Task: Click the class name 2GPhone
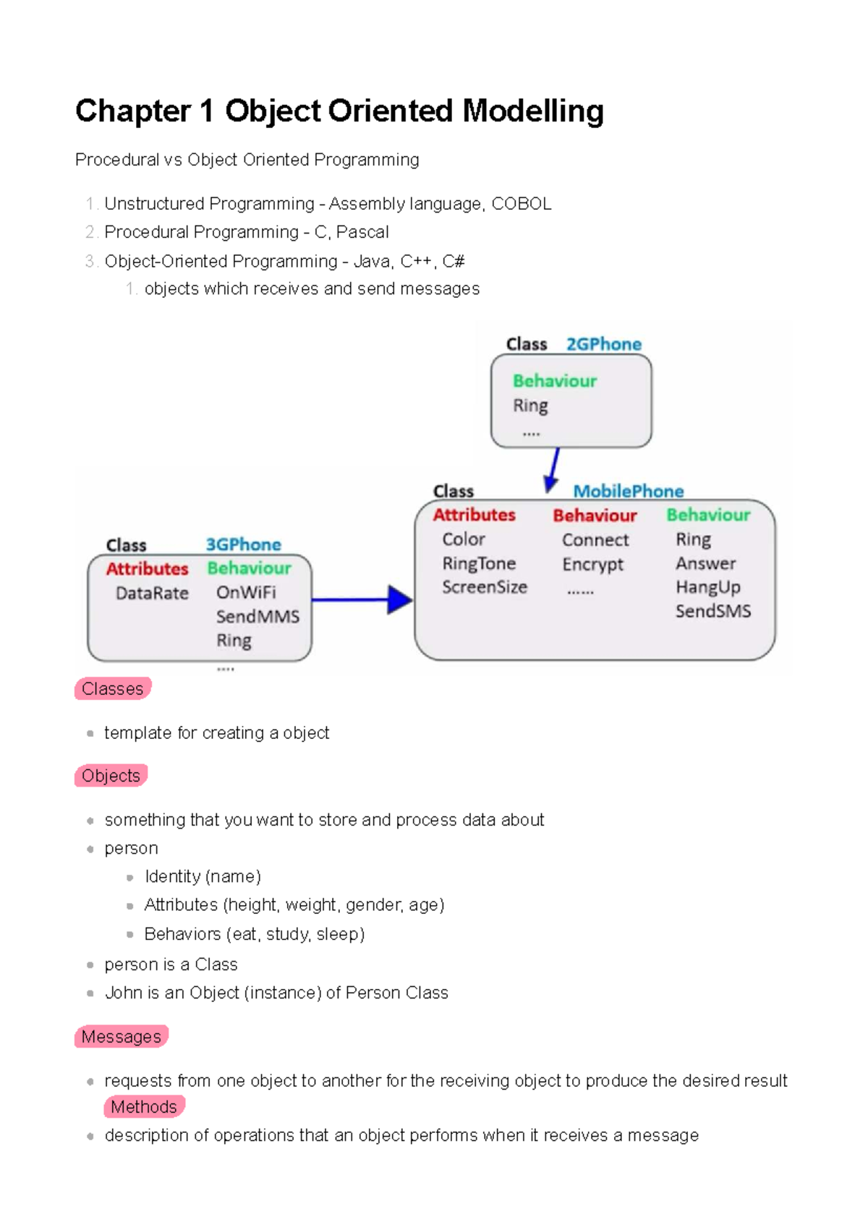coord(603,344)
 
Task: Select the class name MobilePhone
coord(628,492)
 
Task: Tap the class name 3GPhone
coord(243,544)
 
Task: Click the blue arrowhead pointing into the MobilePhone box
coord(399,599)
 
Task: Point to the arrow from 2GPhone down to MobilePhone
coord(553,469)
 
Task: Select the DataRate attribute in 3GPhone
coord(152,593)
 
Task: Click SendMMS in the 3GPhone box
coord(258,617)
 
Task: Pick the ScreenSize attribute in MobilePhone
coord(485,587)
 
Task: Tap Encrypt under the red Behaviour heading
coord(592,564)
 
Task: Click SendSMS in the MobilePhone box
coord(712,611)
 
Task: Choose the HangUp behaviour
coord(707,587)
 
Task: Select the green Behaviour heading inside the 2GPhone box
coord(555,381)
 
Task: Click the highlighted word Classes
coord(112,688)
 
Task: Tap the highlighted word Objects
coord(111,776)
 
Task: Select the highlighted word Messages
coord(121,1037)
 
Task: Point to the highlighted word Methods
coord(143,1107)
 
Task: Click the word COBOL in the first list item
coord(521,204)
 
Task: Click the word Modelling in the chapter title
coord(532,111)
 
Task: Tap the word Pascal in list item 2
coord(362,232)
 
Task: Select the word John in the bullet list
coord(123,993)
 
